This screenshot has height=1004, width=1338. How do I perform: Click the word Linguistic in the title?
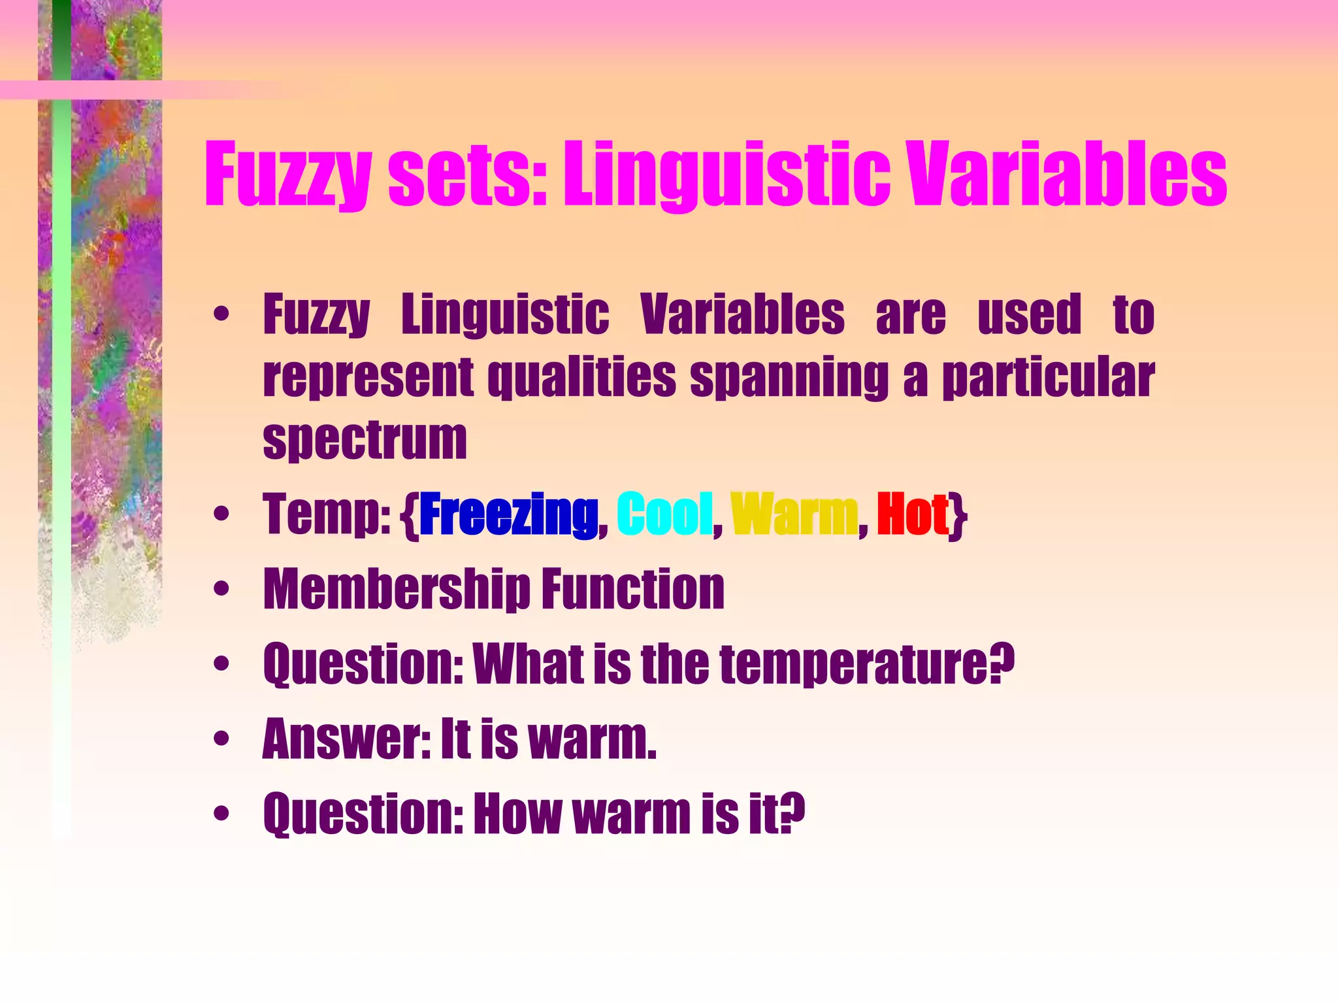click(x=726, y=175)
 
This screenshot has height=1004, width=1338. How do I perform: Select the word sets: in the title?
click(x=467, y=175)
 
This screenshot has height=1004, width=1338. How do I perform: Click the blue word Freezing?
click(x=508, y=515)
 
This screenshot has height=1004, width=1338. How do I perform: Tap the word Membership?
click(x=396, y=590)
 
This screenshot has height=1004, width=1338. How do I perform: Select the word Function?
click(x=633, y=590)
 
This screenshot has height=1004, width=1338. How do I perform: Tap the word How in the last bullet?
click(x=517, y=814)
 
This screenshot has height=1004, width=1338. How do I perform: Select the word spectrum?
click(x=365, y=441)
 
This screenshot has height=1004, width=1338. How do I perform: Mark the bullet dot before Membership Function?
click(x=221, y=590)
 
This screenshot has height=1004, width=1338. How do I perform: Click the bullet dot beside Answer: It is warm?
click(x=221, y=739)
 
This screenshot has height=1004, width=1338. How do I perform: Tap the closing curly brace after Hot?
click(x=959, y=516)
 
